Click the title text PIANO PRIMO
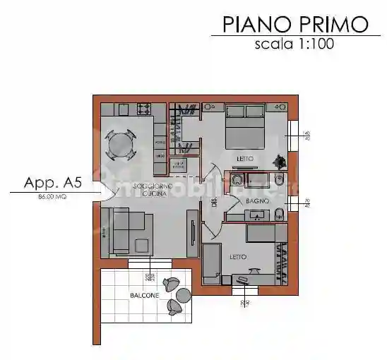tap(295, 24)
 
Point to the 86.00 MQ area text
tap(52, 198)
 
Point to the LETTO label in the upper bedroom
tap(244, 159)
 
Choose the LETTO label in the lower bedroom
tap(238, 256)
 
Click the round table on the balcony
tap(184, 294)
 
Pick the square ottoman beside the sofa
tap(143, 246)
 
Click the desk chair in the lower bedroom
tap(244, 281)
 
